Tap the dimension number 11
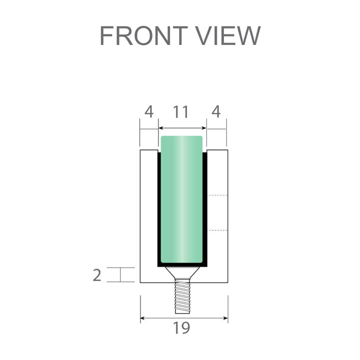[181, 112]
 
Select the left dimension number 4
[148, 112]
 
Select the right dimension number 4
[216, 112]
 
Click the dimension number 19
[181, 328]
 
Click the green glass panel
[181, 200]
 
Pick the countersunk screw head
[181, 272]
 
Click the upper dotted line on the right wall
[217, 195]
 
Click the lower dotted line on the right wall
[217, 230]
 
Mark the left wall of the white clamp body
[149, 215]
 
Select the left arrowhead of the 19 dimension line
[143, 317]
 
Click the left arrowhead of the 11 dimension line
[161, 128]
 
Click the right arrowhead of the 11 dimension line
[203, 128]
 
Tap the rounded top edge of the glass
[181, 137]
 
